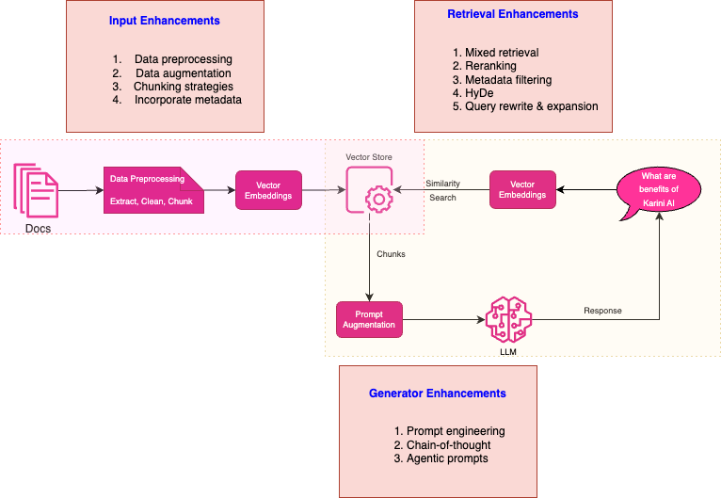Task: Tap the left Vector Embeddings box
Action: [268, 189]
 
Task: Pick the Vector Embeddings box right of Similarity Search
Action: [522, 189]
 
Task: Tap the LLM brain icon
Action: [508, 318]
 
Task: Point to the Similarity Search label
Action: [441, 190]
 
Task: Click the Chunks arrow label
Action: [392, 254]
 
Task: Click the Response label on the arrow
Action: [602, 310]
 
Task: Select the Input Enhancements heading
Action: [165, 20]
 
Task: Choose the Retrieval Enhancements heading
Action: [512, 14]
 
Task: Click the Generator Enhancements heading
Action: [437, 393]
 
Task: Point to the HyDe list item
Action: [478, 93]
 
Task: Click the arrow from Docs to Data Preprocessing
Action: [81, 189]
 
